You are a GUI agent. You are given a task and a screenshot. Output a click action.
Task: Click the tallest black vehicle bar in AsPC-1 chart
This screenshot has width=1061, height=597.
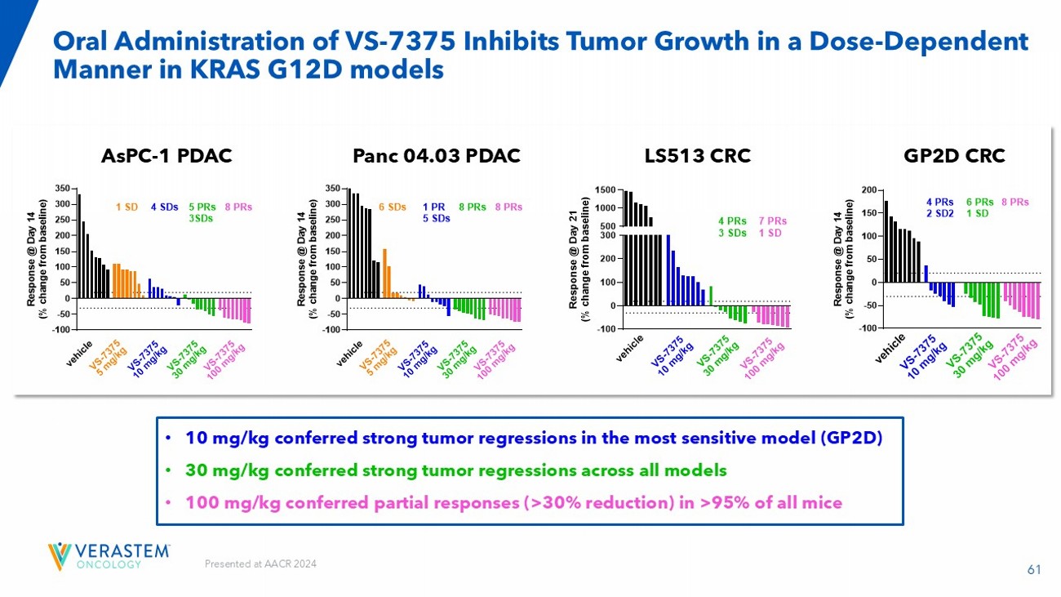(79, 245)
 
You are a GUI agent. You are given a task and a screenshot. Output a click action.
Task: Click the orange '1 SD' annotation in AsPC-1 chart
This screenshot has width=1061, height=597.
(127, 207)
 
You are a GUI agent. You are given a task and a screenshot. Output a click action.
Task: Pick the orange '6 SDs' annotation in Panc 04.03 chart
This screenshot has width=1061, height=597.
(392, 207)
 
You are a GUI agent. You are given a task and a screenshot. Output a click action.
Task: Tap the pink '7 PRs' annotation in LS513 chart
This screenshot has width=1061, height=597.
(772, 221)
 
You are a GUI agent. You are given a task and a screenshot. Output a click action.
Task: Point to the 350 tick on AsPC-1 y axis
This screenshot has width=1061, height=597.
(61, 189)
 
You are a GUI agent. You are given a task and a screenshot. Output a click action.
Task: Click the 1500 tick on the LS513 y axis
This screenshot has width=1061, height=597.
(604, 190)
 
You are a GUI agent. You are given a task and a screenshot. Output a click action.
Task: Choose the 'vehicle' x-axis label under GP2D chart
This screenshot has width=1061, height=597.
(892, 347)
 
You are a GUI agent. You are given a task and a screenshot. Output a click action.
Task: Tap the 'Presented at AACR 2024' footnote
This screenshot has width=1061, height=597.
(260, 564)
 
